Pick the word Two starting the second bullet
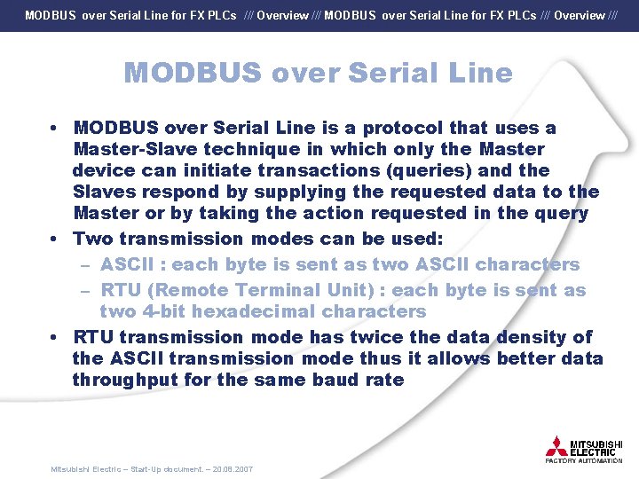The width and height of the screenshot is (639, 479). coord(92,239)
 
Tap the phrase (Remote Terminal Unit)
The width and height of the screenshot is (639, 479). coord(231,290)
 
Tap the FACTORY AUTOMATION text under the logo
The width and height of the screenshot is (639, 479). coord(584,461)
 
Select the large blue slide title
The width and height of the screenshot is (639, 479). coord(319,73)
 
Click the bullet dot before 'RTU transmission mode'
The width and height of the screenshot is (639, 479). coord(55,337)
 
